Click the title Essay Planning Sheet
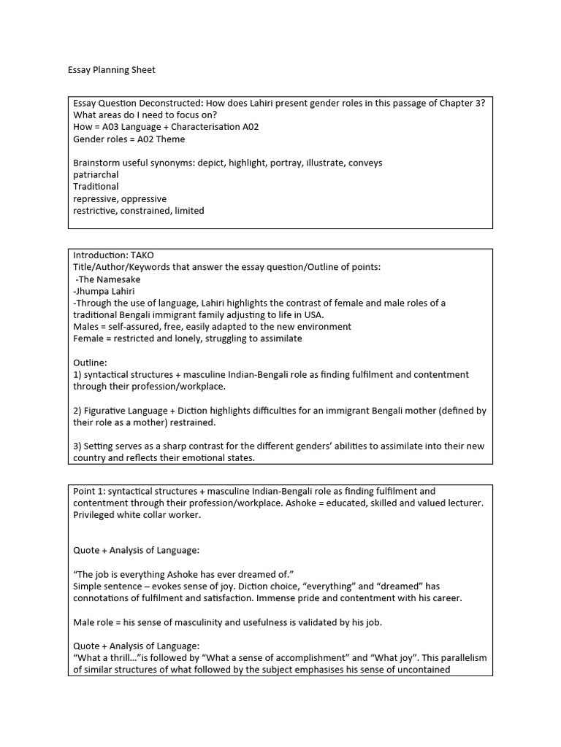click(112, 70)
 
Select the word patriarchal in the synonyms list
click(96, 175)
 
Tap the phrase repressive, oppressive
click(120, 198)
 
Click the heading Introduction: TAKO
click(113, 255)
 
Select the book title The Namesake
click(109, 279)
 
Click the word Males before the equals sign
click(87, 327)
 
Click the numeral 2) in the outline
click(77, 411)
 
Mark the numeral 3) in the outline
click(77, 446)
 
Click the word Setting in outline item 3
click(99, 446)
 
